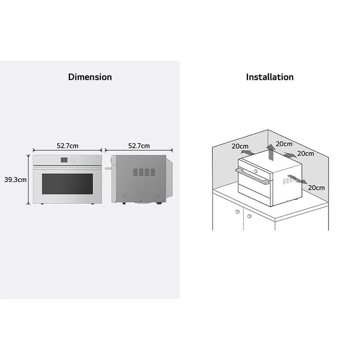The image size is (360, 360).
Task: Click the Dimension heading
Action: pyautogui.click(x=90, y=77)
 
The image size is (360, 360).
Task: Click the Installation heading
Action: pyautogui.click(x=270, y=77)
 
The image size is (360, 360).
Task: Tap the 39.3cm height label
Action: pyautogui.click(x=15, y=180)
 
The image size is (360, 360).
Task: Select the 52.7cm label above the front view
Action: pyautogui.click(x=67, y=146)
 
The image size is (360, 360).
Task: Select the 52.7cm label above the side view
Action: pyautogui.click(x=139, y=146)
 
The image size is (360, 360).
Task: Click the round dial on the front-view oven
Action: pyautogui.click(x=72, y=160)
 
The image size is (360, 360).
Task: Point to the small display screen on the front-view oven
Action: pyautogui.click(x=64, y=160)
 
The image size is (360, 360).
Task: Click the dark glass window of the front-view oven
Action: pyautogui.click(x=67, y=184)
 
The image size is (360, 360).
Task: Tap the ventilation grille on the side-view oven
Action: pyautogui.click(x=144, y=172)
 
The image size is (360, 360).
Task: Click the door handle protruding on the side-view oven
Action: pyautogui.click(x=108, y=168)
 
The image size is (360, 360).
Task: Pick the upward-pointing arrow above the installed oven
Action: pyautogui.click(x=271, y=153)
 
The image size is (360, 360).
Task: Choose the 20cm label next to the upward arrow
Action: pyautogui.click(x=284, y=144)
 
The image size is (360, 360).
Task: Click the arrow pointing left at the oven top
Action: pyautogui.click(x=247, y=153)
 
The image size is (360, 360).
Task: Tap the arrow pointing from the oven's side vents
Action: pyautogui.click(x=297, y=179)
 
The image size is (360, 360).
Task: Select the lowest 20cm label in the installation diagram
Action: pyautogui.click(x=316, y=188)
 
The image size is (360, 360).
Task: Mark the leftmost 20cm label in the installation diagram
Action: pyautogui.click(x=240, y=146)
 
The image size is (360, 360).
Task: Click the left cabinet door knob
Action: pyautogui.click(x=238, y=211)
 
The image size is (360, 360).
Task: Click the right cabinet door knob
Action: pyautogui.click(x=250, y=216)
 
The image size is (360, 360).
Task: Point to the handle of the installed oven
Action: pyautogui.click(x=252, y=176)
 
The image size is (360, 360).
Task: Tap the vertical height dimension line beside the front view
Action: pyautogui.click(x=28, y=180)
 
